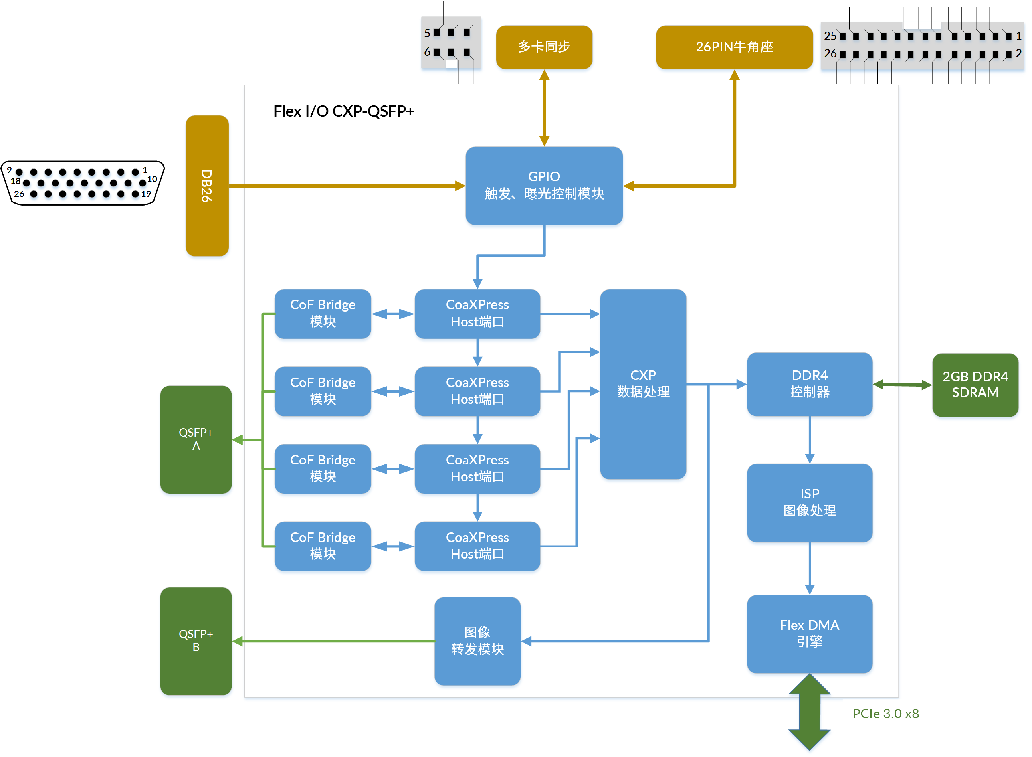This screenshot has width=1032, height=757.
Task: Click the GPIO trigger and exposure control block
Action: tap(544, 186)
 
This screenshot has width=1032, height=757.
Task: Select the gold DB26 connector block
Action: tap(207, 186)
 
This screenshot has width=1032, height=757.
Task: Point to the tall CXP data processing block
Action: tap(643, 383)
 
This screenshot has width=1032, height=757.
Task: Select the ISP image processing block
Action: tap(809, 502)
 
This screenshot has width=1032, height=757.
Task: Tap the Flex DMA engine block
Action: tap(809, 633)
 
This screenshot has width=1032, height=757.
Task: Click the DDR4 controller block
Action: tap(809, 383)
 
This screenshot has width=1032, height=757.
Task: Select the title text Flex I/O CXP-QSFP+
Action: tap(343, 111)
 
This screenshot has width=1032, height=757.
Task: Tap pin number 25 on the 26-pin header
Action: tap(830, 36)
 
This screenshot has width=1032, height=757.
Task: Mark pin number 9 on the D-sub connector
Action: tap(9, 170)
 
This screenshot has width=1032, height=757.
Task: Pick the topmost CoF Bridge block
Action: tap(322, 313)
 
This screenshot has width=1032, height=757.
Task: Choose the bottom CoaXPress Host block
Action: tap(477, 546)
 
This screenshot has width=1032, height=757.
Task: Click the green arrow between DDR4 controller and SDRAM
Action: tap(902, 385)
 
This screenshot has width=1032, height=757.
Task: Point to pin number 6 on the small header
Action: tap(427, 52)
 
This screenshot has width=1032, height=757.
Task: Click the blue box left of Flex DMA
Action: tap(477, 640)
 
